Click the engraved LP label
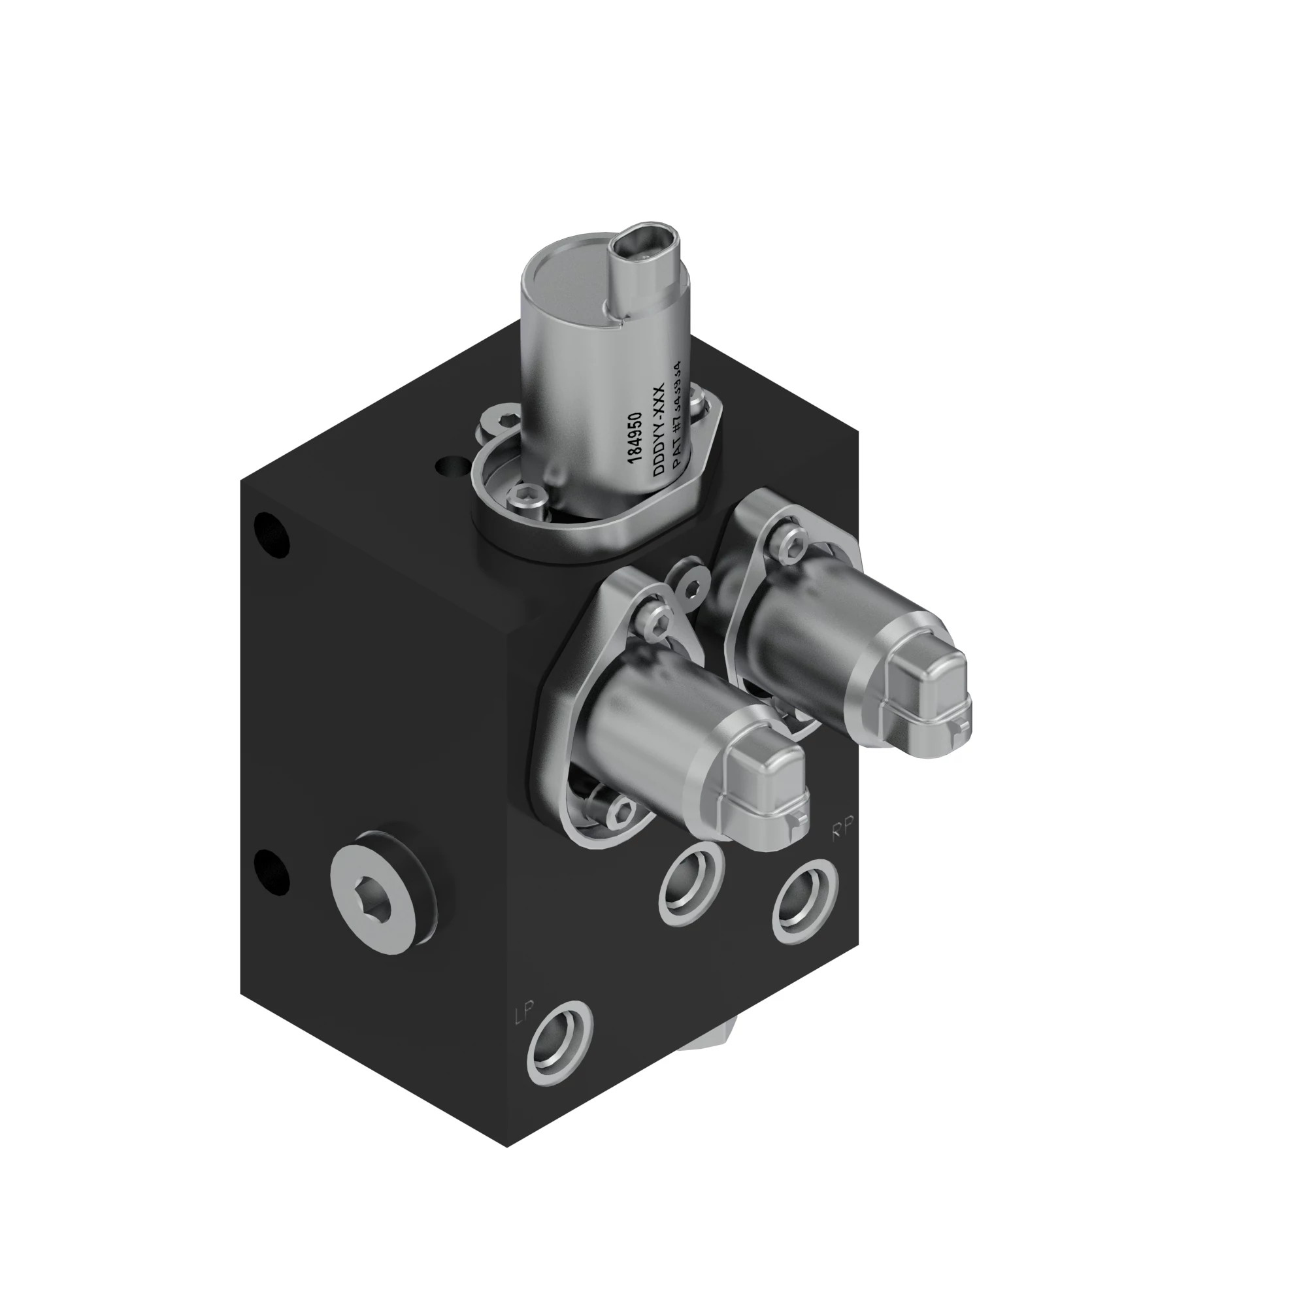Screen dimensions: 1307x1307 [x=524, y=1013]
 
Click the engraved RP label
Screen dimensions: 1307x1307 [x=843, y=827]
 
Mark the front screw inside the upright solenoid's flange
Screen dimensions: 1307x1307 [x=526, y=500]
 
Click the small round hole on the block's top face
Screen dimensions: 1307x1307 [x=448, y=466]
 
